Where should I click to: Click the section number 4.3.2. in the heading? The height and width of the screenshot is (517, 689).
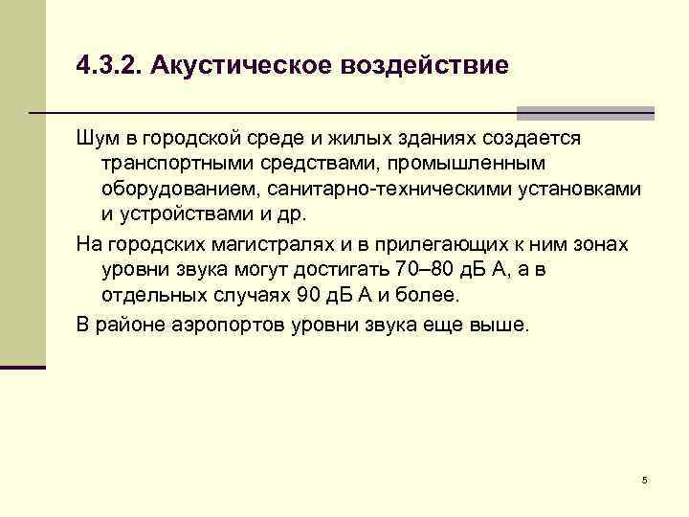(108, 67)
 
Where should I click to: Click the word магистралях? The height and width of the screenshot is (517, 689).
(273, 244)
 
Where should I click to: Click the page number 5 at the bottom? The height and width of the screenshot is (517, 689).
(645, 480)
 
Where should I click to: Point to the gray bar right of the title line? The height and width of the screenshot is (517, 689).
(585, 111)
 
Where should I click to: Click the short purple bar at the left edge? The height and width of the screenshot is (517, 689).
(23, 366)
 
